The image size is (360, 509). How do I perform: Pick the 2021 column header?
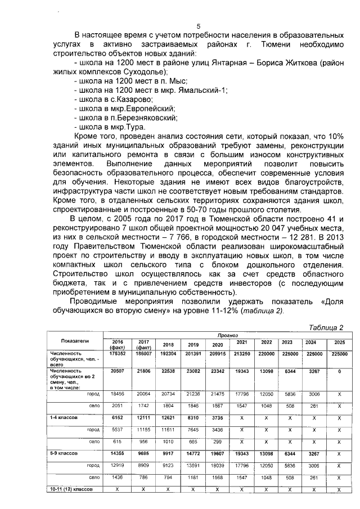[x=242, y=342]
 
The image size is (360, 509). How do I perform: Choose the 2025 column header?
[x=339, y=342]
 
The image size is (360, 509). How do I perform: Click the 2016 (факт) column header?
[x=118, y=344]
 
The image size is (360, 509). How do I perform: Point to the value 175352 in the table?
[x=118, y=354]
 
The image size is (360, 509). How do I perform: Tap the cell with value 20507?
[x=118, y=372]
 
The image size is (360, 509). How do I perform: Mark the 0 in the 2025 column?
[x=339, y=372]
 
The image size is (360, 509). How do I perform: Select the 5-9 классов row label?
[x=63, y=453]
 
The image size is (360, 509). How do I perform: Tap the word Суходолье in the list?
[x=142, y=73]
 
